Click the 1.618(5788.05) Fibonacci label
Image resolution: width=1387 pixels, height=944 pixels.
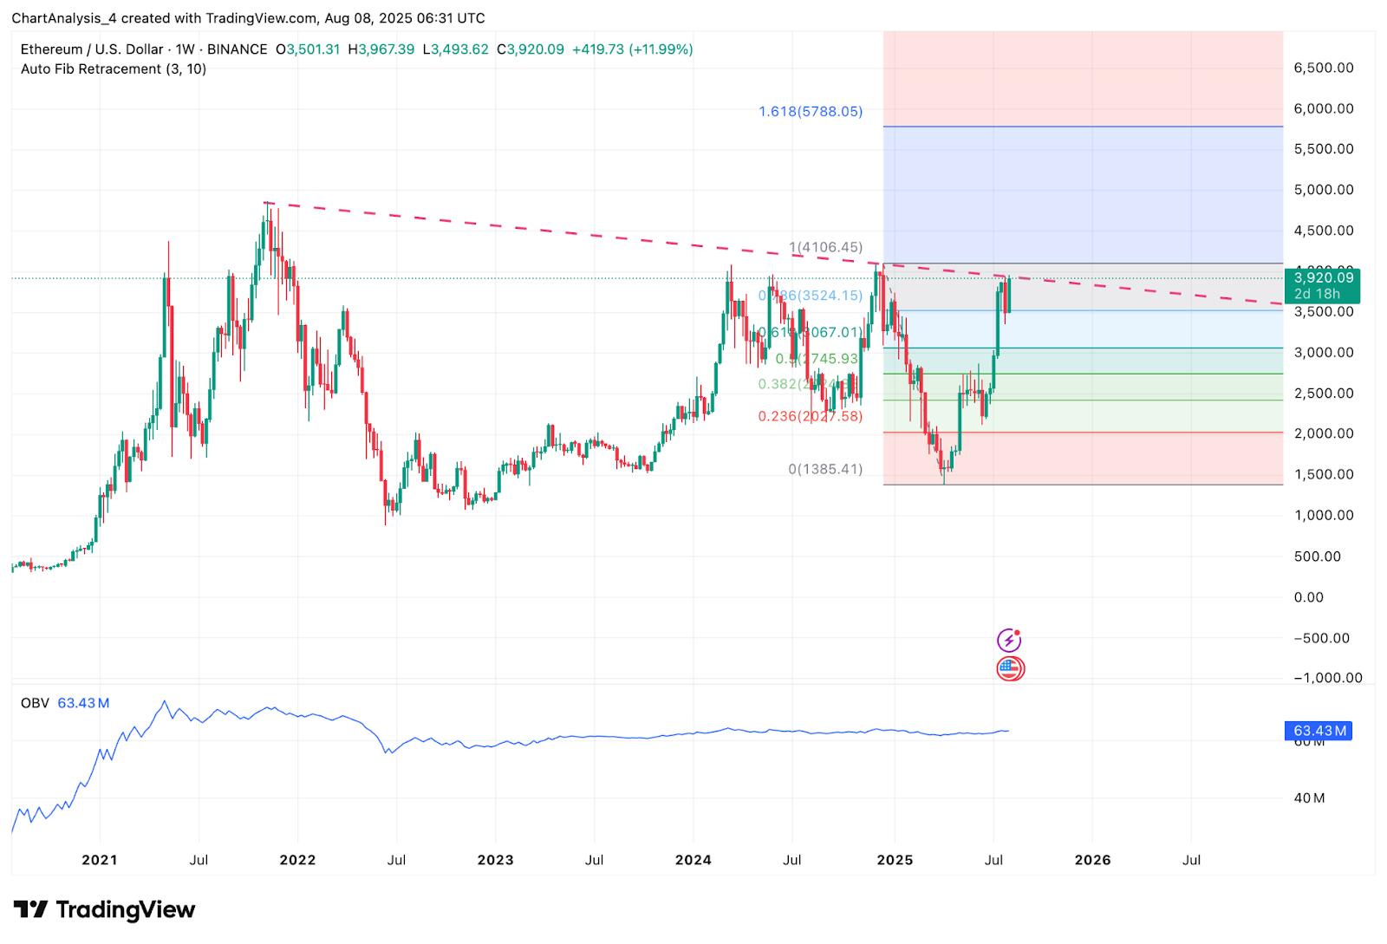[811, 111]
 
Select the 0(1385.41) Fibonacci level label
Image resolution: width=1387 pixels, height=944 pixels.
[824, 469]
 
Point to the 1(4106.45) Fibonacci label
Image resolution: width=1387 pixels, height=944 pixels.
[825, 247]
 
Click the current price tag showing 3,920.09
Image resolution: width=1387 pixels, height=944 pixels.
[1323, 278]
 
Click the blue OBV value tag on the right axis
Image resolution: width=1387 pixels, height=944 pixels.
[1317, 731]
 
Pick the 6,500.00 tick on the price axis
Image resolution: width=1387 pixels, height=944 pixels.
[1323, 68]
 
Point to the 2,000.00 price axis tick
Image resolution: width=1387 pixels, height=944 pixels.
[1323, 433]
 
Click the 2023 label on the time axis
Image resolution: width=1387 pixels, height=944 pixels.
[495, 860]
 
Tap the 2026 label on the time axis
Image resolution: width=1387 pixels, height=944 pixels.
[1092, 860]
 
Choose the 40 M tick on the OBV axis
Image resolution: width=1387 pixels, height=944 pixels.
[1309, 798]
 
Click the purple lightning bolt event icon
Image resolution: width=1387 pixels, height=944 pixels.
[1009, 641]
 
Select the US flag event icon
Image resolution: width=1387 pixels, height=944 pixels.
[1010, 668]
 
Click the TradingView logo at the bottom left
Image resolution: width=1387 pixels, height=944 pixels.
[105, 909]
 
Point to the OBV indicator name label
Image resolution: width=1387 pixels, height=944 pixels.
[35, 703]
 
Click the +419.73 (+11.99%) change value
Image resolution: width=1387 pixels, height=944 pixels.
[632, 49]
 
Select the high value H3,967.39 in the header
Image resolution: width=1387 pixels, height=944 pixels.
[381, 49]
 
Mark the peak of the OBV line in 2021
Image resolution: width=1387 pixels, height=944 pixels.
[165, 701]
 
